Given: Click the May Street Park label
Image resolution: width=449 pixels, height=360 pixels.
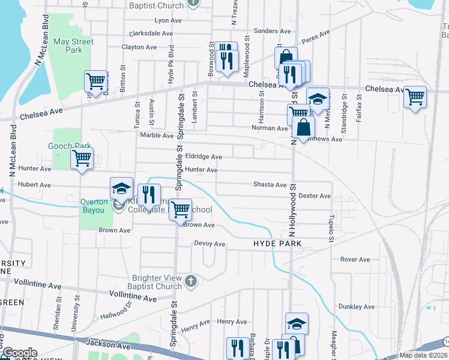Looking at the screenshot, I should [73, 46].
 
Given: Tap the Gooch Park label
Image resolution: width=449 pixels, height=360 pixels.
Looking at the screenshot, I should [70, 146].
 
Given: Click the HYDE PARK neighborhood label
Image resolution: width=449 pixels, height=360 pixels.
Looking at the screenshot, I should [277, 244].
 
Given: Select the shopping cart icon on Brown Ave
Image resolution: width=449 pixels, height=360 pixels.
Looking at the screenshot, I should [179, 210].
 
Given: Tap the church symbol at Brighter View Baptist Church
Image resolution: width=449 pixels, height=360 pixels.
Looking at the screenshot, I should [191, 281].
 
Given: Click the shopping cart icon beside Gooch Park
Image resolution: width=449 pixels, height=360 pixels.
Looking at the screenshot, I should [82, 159].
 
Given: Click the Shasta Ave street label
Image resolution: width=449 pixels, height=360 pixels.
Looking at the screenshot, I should [270, 185].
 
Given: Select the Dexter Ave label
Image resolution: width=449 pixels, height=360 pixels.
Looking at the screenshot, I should [315, 196].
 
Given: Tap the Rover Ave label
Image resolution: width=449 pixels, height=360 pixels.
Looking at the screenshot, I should [355, 259].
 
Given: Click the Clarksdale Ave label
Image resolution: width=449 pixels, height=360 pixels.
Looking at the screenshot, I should [147, 34].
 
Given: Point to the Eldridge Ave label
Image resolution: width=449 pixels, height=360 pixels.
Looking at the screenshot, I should [203, 157].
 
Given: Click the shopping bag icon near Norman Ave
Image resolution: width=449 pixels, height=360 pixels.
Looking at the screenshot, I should [304, 128].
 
